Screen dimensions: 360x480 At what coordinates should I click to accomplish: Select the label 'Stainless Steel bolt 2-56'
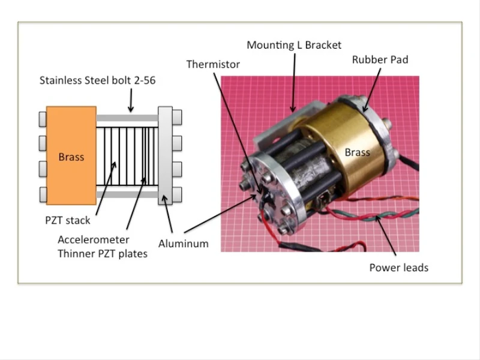pyautogui.click(x=97, y=81)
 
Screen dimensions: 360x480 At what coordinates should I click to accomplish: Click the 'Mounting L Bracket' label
pyautogui.click(x=293, y=45)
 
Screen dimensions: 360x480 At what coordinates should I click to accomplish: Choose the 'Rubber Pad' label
pyautogui.click(x=380, y=60)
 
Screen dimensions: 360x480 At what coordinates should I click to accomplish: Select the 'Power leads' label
pyautogui.click(x=398, y=267)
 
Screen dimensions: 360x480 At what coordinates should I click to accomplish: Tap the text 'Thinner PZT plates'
pyautogui.click(x=103, y=254)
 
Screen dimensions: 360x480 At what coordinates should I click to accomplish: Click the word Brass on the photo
pyautogui.click(x=357, y=152)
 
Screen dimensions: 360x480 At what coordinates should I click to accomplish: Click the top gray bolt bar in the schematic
pyautogui.click(x=127, y=118)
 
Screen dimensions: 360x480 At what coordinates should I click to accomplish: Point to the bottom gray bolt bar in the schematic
pyautogui.click(x=127, y=194)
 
